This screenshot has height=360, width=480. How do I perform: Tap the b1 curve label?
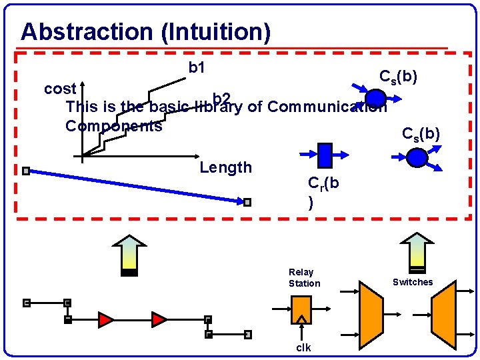pyautogui.click(x=197, y=67)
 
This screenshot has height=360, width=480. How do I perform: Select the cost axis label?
pyautogui.click(x=60, y=89)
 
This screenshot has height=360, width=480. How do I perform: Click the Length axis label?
pyautogui.click(x=225, y=167)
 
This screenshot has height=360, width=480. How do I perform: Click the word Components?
pyautogui.click(x=113, y=126)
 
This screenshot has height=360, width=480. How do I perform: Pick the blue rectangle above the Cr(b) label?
pyautogui.click(x=325, y=155)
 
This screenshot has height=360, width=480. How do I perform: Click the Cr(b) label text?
pyautogui.click(x=323, y=191)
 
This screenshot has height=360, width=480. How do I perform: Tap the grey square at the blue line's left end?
pyautogui.click(x=25, y=171)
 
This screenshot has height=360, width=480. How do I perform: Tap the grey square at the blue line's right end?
pyautogui.click(x=247, y=202)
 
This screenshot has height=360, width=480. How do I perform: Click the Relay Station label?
pyautogui.click(x=304, y=277)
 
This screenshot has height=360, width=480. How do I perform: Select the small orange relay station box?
pyautogui.click(x=301, y=309)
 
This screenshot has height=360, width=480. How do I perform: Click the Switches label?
pyautogui.click(x=412, y=282)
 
